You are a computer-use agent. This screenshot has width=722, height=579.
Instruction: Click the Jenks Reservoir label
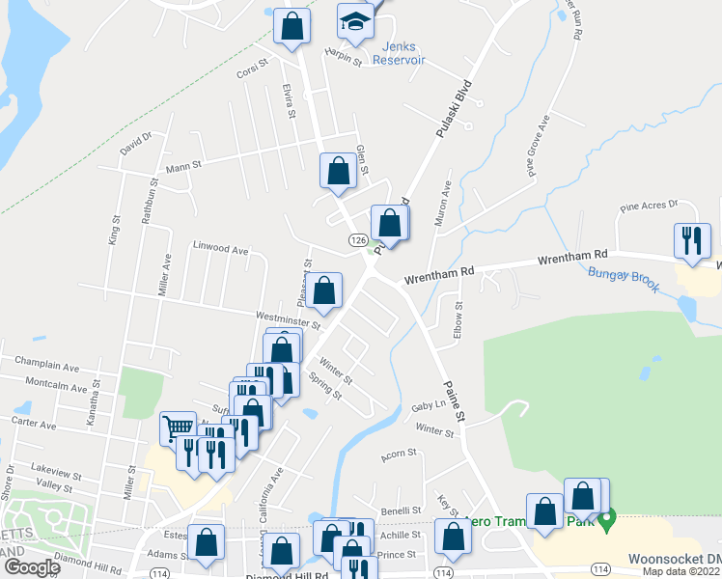(x=403, y=53)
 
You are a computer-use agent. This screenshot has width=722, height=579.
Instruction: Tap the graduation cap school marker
(x=355, y=22)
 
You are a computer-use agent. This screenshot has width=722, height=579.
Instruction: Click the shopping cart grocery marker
(x=177, y=427)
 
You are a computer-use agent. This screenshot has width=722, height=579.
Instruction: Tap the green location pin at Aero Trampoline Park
(x=606, y=522)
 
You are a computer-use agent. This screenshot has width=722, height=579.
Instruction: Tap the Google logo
(x=32, y=567)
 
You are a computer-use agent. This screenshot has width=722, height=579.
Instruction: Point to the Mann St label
(x=182, y=166)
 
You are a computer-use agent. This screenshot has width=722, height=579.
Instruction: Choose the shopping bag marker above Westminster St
(x=326, y=290)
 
